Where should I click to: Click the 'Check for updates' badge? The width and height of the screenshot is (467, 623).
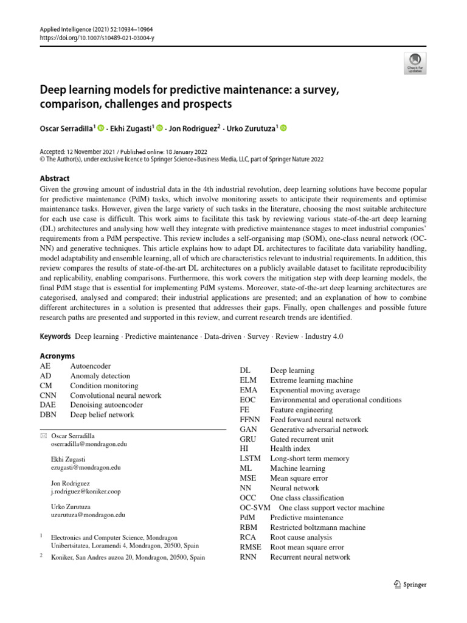[415, 62]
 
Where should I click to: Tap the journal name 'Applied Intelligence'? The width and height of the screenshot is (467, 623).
[64, 29]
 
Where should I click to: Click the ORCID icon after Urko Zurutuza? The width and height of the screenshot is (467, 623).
[283, 128]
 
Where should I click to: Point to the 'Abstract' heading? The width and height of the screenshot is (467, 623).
[55, 178]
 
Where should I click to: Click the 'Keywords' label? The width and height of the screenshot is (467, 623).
[55, 336]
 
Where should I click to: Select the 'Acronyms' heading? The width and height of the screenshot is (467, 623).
[57, 355]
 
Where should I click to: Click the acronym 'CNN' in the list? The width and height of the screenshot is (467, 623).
[48, 395]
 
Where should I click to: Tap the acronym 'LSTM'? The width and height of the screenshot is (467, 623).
[250, 459]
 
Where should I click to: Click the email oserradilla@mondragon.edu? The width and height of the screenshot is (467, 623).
[89, 445]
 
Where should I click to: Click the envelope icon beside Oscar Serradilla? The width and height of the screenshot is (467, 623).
[43, 437]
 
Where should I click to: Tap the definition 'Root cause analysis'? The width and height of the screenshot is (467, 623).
[302, 537]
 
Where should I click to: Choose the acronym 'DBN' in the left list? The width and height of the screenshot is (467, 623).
[48, 415]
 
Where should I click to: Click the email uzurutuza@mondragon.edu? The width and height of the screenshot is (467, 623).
[88, 515]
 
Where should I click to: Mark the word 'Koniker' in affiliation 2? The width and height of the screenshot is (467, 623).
[63, 557]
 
